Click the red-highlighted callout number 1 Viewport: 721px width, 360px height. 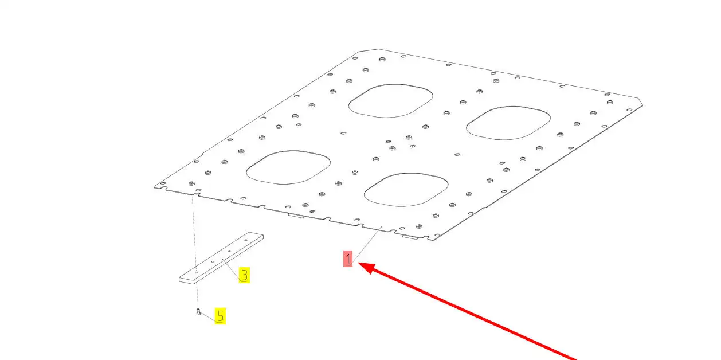[x=348, y=259]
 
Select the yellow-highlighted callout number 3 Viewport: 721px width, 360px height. [x=244, y=275]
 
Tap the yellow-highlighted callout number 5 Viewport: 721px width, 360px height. [x=221, y=316]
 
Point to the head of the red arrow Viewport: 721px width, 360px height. [x=358, y=263]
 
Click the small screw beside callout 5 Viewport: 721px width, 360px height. [x=198, y=312]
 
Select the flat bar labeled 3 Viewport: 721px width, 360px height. [x=221, y=258]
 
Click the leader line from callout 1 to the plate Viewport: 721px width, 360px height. [x=367, y=243]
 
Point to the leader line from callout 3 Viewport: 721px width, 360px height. [x=231, y=269]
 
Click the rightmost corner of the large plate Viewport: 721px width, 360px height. [x=642, y=105]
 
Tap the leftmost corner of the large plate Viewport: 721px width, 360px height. [x=154, y=187]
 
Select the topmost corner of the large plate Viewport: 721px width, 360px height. [x=378, y=49]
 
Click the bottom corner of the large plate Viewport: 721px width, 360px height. [x=433, y=241]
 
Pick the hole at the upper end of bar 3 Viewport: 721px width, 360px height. [x=246, y=240]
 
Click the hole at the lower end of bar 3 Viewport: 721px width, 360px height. [x=196, y=272]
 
